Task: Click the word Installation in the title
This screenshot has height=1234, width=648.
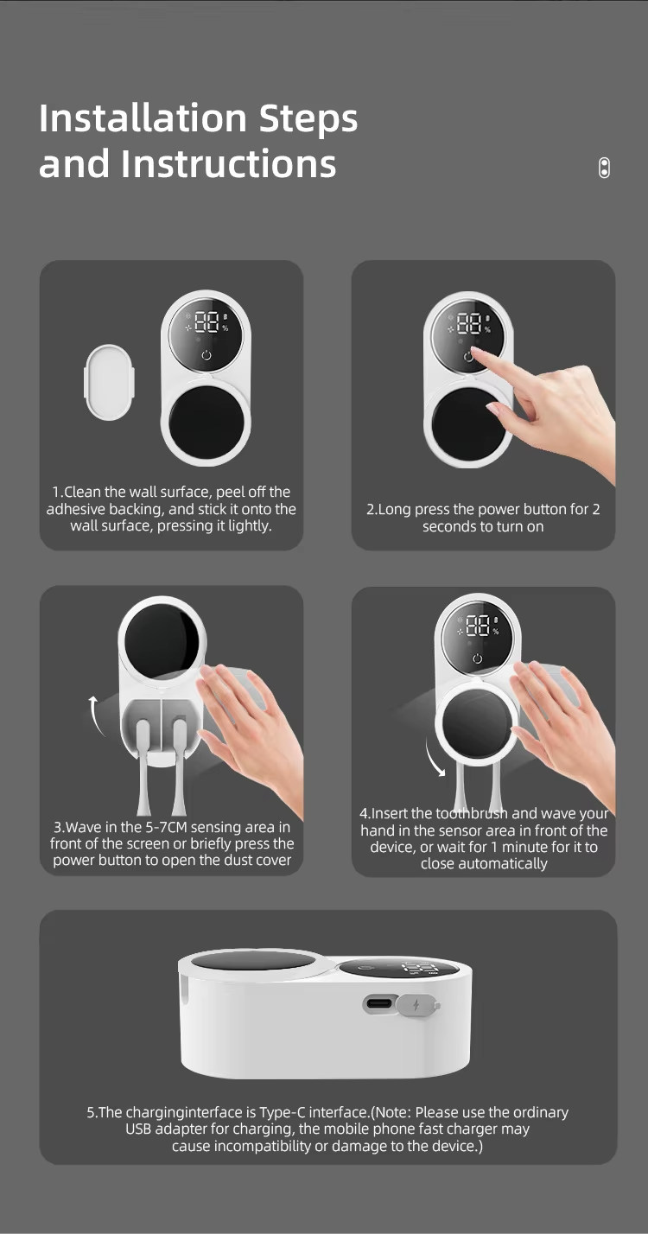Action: coord(143,118)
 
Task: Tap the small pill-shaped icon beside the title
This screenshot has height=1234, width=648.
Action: coord(604,168)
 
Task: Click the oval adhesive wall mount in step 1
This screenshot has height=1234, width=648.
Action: coord(109,382)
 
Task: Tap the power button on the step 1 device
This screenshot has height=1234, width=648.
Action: coord(206,355)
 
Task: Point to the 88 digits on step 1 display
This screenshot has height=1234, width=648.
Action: coord(206,322)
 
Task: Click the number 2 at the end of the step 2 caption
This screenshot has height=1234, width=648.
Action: coord(595,509)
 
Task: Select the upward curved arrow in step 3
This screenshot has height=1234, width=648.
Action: coord(97,716)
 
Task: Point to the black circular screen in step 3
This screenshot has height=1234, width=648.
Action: coord(162,642)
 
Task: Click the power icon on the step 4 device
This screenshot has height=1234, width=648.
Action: coord(477,658)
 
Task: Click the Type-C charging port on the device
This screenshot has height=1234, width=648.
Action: coord(379,1003)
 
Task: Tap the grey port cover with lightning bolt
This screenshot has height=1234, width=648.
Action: coord(417,1004)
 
